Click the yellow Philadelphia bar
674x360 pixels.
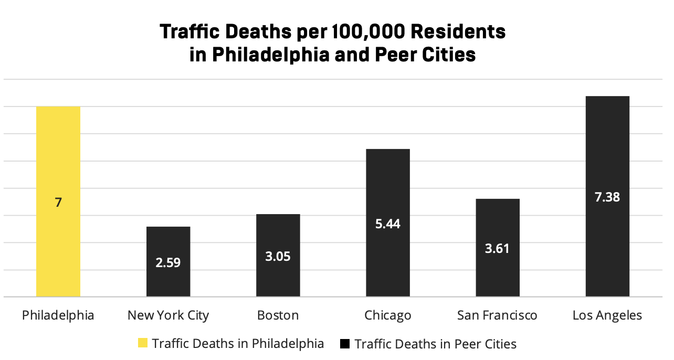(x=58, y=157)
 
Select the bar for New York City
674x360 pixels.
(x=168, y=241)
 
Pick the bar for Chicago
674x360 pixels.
(x=387, y=184)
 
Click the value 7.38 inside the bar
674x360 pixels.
(x=607, y=197)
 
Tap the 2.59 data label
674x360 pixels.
(x=168, y=262)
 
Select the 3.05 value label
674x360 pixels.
(x=278, y=257)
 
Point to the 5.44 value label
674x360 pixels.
(x=387, y=224)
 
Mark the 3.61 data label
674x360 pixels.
(x=497, y=248)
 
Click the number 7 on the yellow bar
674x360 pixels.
(x=58, y=202)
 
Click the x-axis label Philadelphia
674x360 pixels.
(x=58, y=315)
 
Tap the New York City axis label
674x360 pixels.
(x=168, y=315)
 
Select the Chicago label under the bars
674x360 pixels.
(x=387, y=315)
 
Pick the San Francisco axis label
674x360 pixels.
(x=497, y=315)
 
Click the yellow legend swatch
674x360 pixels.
(x=142, y=344)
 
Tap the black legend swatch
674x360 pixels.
(x=345, y=344)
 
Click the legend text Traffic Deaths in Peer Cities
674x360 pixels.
(x=436, y=344)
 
